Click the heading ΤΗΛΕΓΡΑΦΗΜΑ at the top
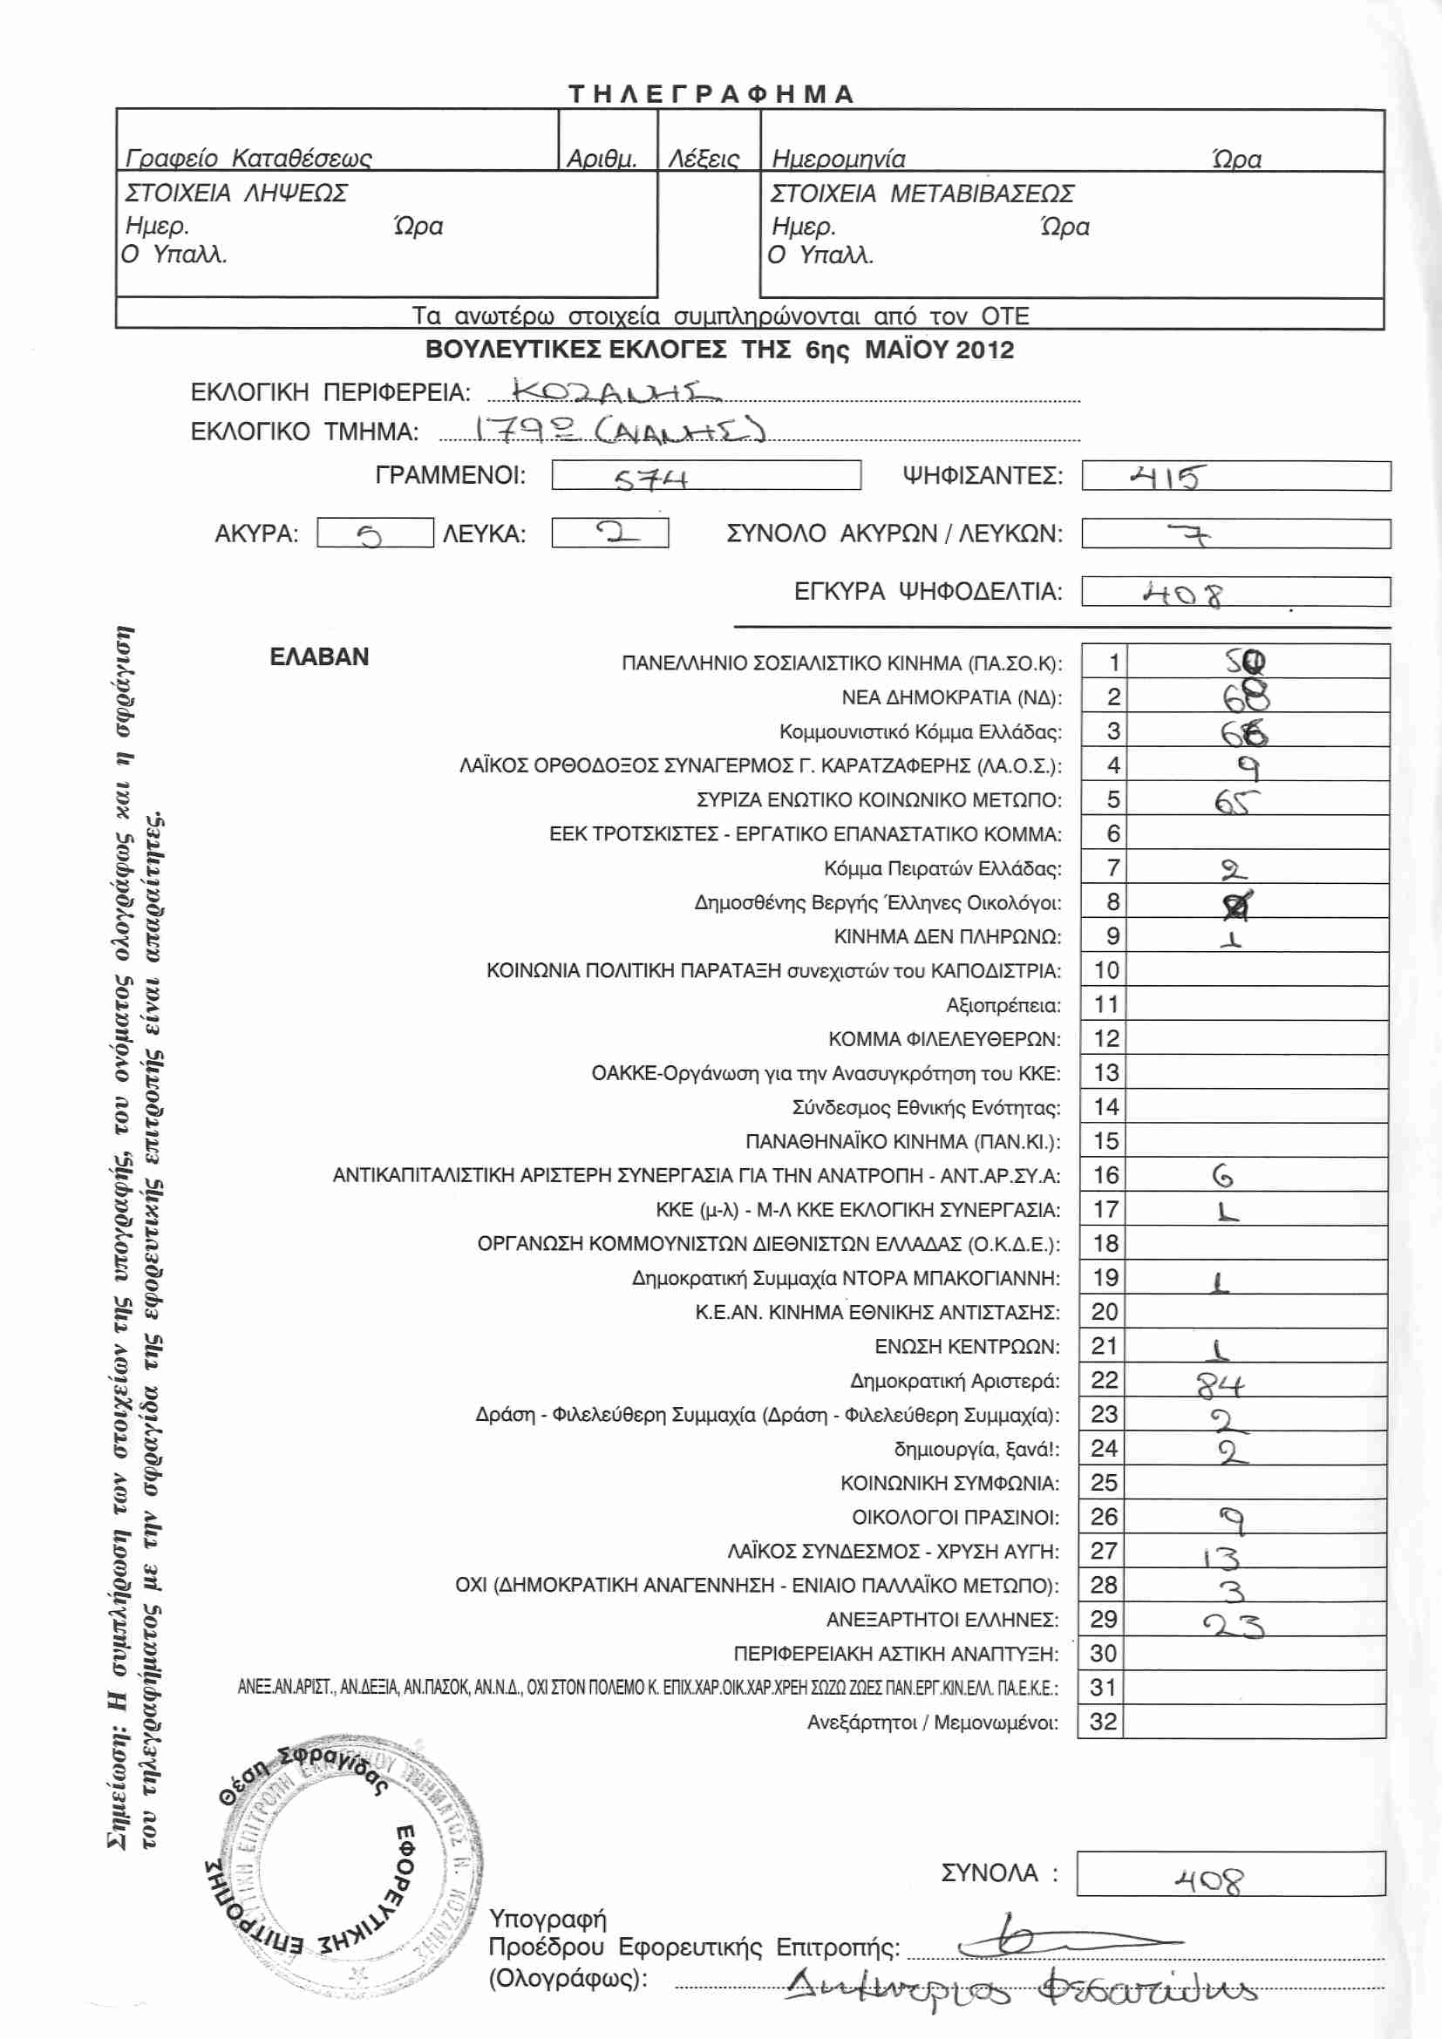[711, 94]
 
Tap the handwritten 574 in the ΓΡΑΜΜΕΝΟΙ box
[651, 479]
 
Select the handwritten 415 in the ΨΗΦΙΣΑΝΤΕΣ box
[1166, 478]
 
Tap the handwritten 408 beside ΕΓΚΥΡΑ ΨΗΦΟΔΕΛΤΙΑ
[1182, 595]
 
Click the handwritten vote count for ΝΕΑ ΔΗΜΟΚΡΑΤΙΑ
[1246, 697]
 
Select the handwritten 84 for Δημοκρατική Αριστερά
[1220, 1383]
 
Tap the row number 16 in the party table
[1105, 1175]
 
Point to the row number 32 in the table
[1103, 1722]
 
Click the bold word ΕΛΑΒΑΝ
[319, 657]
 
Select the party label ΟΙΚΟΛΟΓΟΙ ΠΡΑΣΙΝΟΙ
[956, 1517]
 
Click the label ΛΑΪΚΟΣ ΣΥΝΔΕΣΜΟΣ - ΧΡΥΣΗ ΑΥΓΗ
[894, 1552]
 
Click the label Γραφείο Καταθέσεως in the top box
[248, 159]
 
